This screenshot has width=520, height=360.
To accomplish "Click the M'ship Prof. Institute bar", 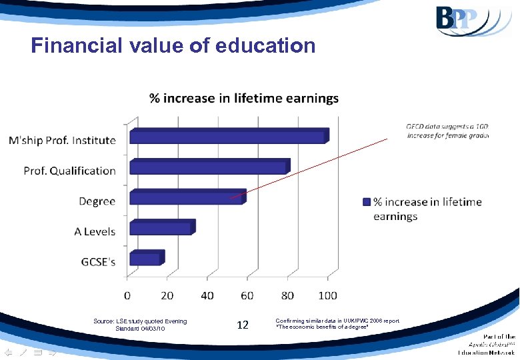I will (x=227, y=136).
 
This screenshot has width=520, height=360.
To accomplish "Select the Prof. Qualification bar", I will (x=209, y=167).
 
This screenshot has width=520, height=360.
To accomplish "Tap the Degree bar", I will (x=187, y=197).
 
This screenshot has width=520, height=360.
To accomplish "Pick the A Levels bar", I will (x=161, y=228).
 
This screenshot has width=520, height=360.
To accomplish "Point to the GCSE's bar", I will (x=145, y=258).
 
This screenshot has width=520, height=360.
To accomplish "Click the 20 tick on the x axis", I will (x=167, y=295).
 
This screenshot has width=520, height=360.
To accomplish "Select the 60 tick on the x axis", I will (x=247, y=295).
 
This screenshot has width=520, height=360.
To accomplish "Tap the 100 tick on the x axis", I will (x=327, y=295).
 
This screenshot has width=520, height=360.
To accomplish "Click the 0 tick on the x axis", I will (x=128, y=295).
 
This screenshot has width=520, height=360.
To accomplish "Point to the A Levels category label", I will (x=94, y=232).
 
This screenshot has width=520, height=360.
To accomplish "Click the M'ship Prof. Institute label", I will (x=62, y=141).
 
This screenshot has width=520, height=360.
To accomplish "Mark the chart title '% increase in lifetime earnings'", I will (x=243, y=99).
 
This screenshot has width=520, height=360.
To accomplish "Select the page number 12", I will (x=243, y=325).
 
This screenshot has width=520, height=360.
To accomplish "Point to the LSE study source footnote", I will (x=140, y=325).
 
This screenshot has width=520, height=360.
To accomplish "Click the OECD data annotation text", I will (x=447, y=131).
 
